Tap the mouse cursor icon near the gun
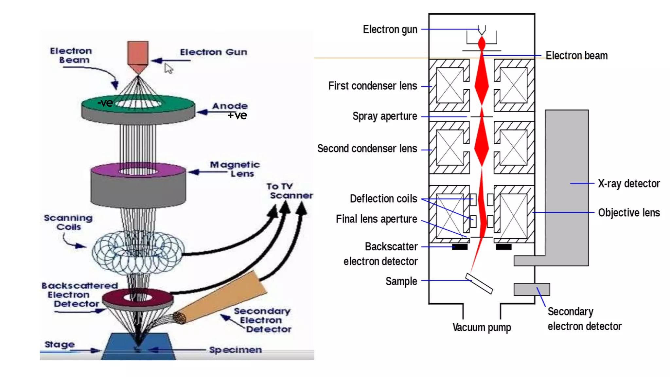click(x=168, y=69)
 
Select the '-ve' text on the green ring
click(x=105, y=103)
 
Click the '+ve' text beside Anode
click(x=237, y=115)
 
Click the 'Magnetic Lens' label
click(x=235, y=169)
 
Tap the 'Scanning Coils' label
click(x=68, y=222)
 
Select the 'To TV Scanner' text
click(x=289, y=191)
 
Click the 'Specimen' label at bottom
click(x=235, y=350)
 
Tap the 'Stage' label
click(x=60, y=344)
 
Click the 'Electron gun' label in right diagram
click(x=390, y=29)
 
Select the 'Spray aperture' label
click(x=385, y=116)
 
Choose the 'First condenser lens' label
click(x=373, y=86)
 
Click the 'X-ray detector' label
click(x=629, y=184)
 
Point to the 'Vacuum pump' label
click(x=482, y=327)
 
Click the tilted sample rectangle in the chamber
click(x=479, y=283)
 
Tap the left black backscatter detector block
click(x=460, y=247)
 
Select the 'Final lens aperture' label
click(x=376, y=219)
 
